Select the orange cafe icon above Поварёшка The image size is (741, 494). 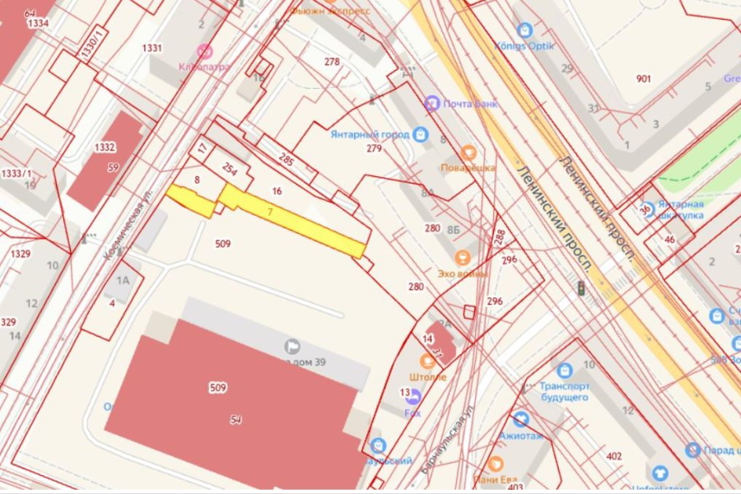(468, 152)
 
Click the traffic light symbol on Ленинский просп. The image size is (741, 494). (581, 288)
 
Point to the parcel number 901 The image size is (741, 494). (644, 79)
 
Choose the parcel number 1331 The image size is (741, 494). (151, 49)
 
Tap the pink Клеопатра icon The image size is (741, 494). (204, 51)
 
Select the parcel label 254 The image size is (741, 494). (230, 170)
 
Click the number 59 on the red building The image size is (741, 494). (114, 167)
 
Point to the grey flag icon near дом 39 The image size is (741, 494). (291, 346)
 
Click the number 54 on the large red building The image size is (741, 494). (236, 420)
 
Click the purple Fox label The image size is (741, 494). (412, 412)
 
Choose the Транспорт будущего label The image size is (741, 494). (564, 391)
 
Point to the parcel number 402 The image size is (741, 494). (613, 455)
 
